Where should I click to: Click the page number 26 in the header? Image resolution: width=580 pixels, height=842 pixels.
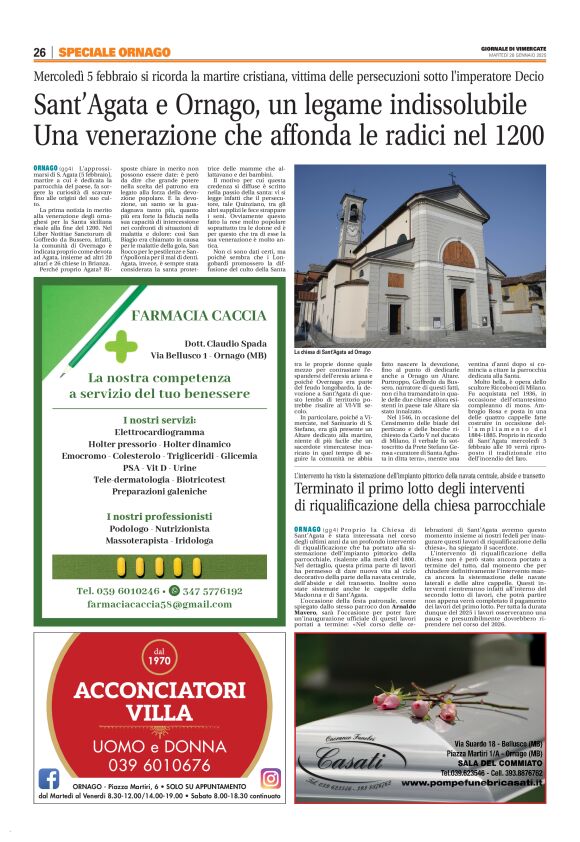[39, 52]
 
